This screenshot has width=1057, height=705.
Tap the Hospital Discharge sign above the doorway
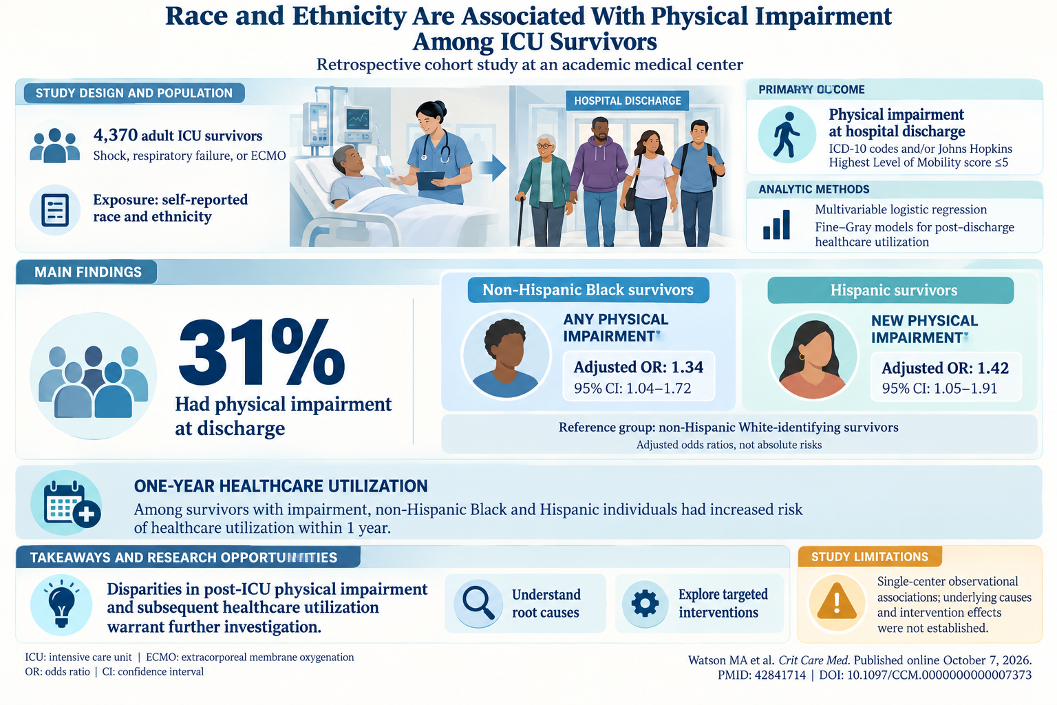click(627, 101)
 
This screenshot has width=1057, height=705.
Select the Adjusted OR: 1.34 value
click(639, 367)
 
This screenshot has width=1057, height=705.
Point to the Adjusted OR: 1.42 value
click(945, 368)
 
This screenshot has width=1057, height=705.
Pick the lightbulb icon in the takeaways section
click(61, 604)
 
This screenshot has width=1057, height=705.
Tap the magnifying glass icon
click(478, 602)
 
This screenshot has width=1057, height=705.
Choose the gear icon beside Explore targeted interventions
click(645, 603)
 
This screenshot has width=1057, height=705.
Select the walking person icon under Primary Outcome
click(786, 134)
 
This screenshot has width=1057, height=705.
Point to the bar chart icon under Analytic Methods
click(776, 224)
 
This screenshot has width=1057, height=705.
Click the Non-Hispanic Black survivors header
click(588, 289)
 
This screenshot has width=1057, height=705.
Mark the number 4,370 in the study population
click(116, 135)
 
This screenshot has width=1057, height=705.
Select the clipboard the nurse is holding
click(430, 180)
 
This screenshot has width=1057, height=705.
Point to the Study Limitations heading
click(870, 557)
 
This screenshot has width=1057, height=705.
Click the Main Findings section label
click(88, 272)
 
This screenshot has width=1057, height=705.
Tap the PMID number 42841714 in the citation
click(780, 675)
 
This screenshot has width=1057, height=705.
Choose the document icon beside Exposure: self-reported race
click(55, 210)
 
